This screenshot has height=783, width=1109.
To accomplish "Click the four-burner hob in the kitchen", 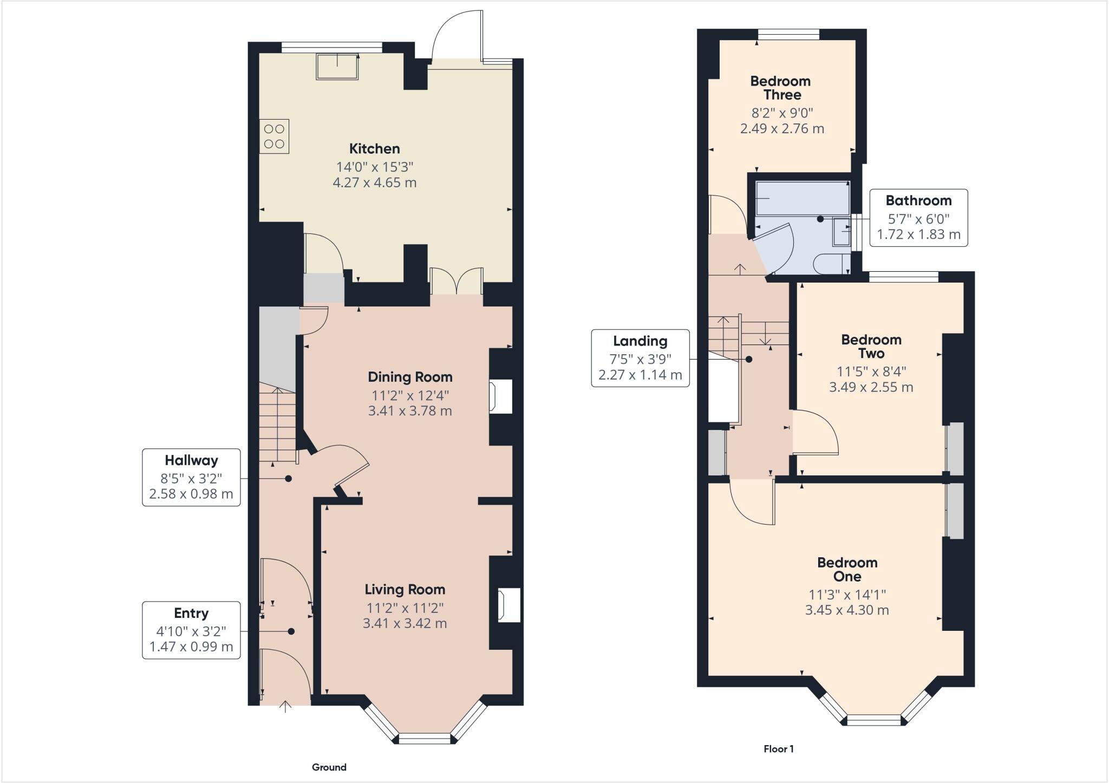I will [274, 136].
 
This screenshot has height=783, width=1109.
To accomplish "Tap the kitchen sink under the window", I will [337, 67].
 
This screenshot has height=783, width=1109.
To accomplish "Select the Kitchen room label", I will [374, 148].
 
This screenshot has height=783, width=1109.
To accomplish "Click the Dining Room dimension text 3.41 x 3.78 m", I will [410, 410].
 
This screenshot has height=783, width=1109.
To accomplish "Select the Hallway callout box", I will [191, 477].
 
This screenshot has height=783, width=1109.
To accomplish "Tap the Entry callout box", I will [191, 630].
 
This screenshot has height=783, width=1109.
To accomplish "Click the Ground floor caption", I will [329, 767].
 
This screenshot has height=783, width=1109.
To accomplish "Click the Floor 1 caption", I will [778, 749].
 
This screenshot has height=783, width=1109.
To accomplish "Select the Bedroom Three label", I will [781, 88].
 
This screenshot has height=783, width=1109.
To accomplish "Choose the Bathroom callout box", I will [918, 217].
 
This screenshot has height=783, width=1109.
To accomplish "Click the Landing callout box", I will [640, 357].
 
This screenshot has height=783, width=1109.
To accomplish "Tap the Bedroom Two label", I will [871, 347].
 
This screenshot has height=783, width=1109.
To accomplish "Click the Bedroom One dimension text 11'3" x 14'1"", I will [847, 594].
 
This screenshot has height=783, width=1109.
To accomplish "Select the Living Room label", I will [405, 589].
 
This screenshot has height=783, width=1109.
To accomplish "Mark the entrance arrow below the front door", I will [285, 706].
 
